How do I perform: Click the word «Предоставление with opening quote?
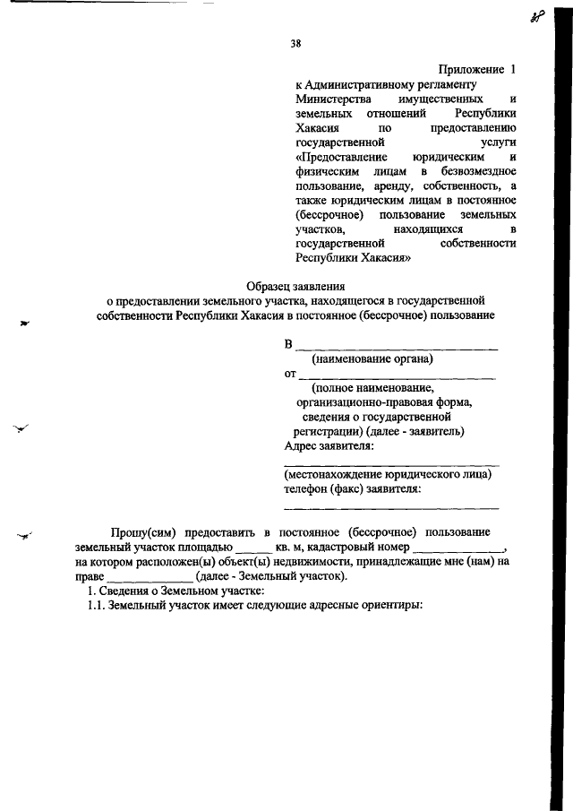pyautogui.click(x=336, y=156)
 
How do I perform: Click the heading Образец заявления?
pyautogui.click(x=295, y=286)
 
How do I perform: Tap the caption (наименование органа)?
pyautogui.click(x=372, y=359)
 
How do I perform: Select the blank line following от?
pyautogui.click(x=396, y=375)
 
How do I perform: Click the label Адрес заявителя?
pyautogui.click(x=329, y=444)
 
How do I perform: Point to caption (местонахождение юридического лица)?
pyautogui.click(x=387, y=474)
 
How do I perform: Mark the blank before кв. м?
pyautogui.click(x=253, y=547)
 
